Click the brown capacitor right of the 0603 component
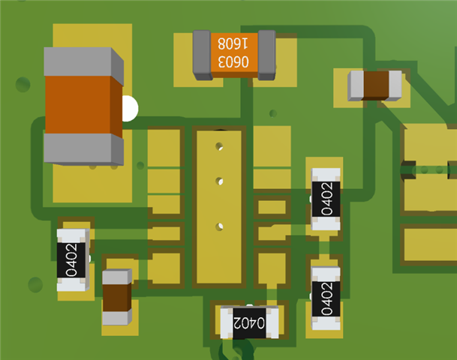pyautogui.click(x=378, y=85)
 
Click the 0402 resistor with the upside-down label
pyautogui.click(x=250, y=322)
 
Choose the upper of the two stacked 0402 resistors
pyautogui.click(x=326, y=199)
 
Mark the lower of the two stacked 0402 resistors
pyautogui.click(x=326, y=298)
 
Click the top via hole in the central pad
pyautogui.click(x=219, y=145)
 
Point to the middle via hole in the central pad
pyautogui.click(x=220, y=181)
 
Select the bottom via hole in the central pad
pyautogui.click(x=220, y=224)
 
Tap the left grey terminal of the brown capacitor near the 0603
pyautogui.click(x=356, y=85)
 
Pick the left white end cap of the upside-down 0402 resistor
pyautogui.click(x=226, y=322)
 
